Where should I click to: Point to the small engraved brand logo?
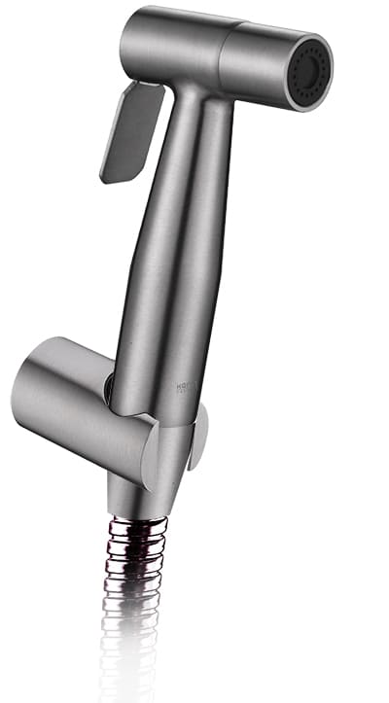(183, 389)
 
